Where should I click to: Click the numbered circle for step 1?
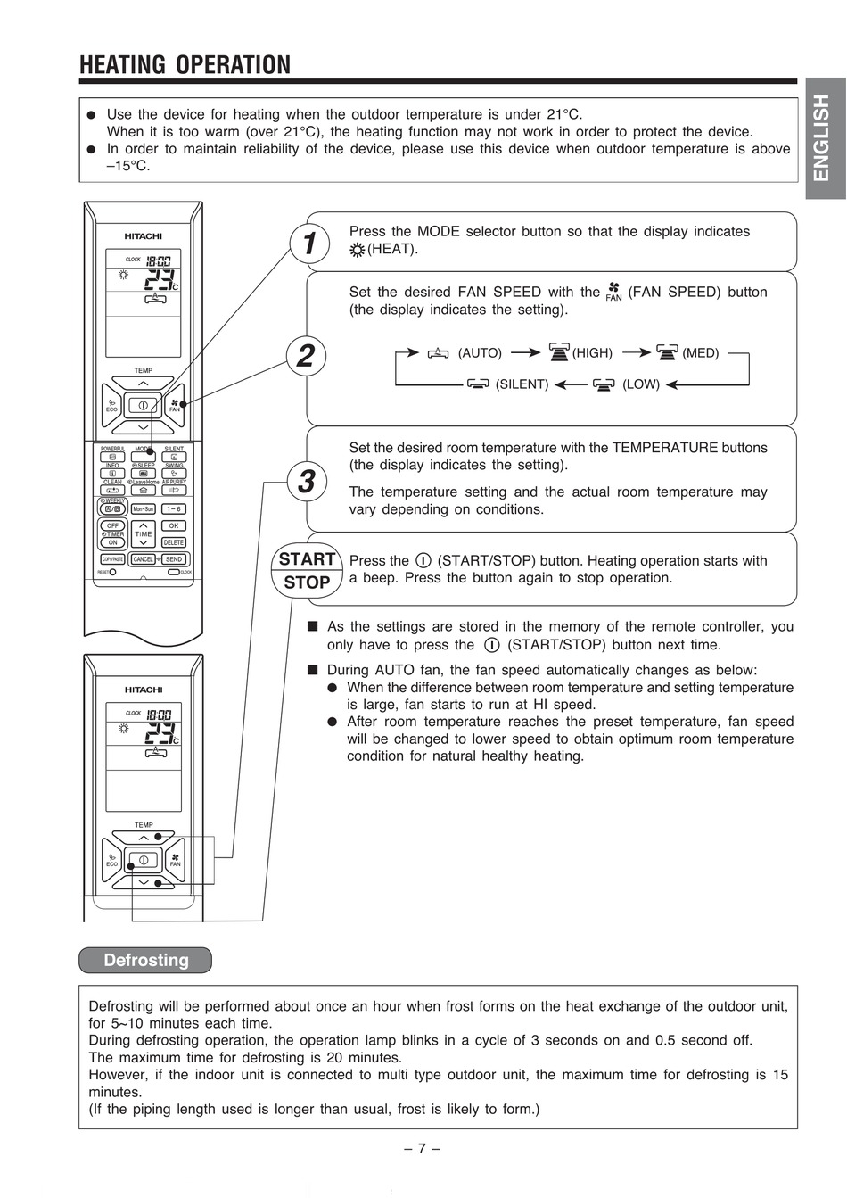pos(308,243)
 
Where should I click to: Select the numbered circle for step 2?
pos(306,355)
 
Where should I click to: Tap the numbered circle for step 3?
pos(306,482)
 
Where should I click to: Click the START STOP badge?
pos(307,571)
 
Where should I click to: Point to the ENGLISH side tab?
pos(822,137)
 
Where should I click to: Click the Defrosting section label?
pos(146,961)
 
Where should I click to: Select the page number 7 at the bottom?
pos(423,1149)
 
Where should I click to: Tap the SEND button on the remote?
pos(173,559)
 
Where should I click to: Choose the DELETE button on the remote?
pos(173,542)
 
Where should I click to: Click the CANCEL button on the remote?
pos(143,559)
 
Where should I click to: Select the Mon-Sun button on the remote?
pos(143,509)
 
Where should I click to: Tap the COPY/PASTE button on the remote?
pos(112,559)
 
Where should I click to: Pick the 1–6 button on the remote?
pos(173,509)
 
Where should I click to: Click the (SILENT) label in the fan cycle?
pos(522,384)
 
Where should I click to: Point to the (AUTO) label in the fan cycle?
pos(480,353)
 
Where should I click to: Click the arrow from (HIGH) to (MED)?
pos(637,353)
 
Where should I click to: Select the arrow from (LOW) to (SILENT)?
pos(571,384)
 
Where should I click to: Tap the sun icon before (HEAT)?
pos(358,250)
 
